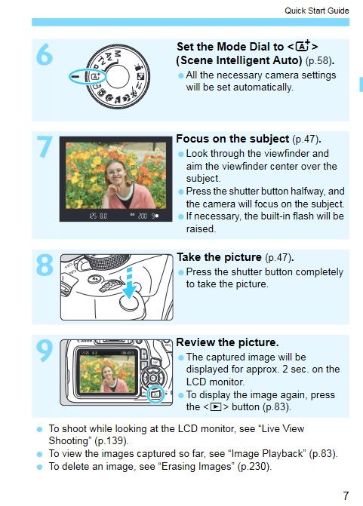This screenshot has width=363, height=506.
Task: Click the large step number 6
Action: (x=45, y=54)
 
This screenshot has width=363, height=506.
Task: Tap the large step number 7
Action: (x=45, y=147)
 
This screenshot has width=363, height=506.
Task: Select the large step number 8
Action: (x=45, y=265)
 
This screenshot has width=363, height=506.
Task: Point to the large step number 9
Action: (x=45, y=351)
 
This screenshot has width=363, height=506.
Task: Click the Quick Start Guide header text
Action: (x=316, y=11)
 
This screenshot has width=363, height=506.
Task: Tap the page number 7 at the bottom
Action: (x=346, y=495)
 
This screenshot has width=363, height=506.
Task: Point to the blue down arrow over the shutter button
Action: (x=129, y=282)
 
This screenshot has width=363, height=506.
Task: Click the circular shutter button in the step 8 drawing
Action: (x=129, y=302)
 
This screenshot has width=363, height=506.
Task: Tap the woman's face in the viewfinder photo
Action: (x=114, y=171)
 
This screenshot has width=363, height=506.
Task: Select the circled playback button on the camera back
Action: (x=155, y=394)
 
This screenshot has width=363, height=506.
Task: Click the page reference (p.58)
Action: (x=318, y=61)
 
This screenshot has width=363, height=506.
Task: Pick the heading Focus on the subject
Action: (x=232, y=139)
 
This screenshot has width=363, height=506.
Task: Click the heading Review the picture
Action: (x=227, y=342)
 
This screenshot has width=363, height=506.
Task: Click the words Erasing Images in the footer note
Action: (x=196, y=467)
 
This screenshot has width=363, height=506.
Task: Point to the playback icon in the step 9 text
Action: (x=215, y=407)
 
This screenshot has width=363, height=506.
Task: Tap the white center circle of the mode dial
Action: (x=117, y=76)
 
